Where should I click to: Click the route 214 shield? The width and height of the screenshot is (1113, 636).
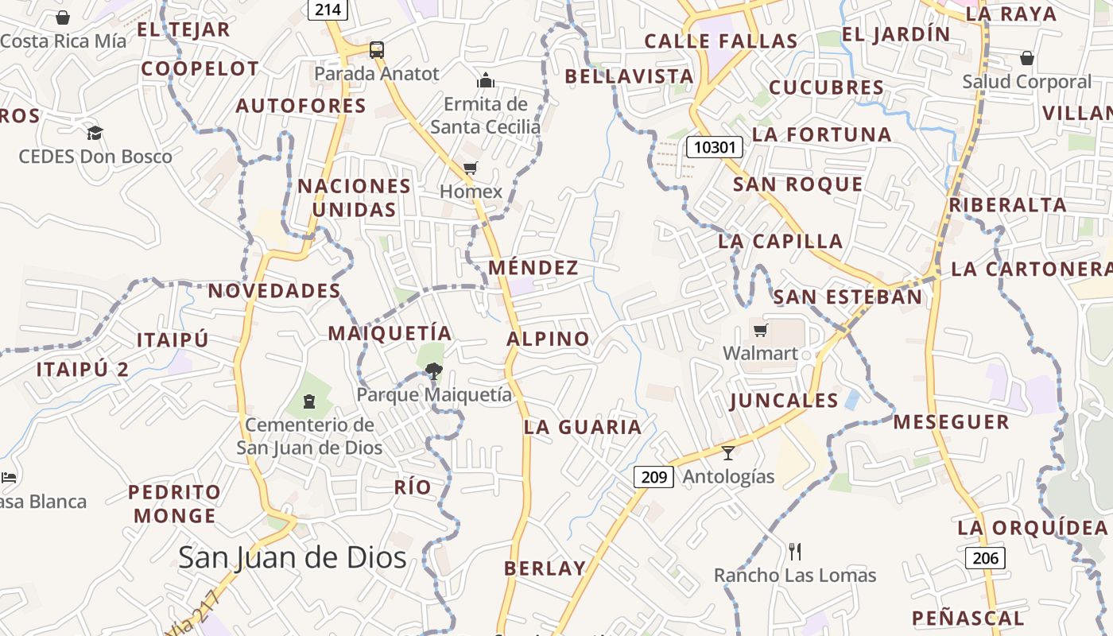pyautogui.click(x=328, y=10)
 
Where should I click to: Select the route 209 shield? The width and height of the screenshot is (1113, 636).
pyautogui.click(x=653, y=477)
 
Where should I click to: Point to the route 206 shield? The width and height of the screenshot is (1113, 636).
pyautogui.click(x=985, y=558)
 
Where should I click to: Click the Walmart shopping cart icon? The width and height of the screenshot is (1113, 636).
pyautogui.click(x=761, y=330)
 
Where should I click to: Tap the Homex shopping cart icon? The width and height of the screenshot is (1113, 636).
pyautogui.click(x=470, y=168)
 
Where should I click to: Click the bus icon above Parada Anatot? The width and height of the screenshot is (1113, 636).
pyautogui.click(x=377, y=50)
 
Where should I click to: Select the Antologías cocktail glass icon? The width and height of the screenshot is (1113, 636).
pyautogui.click(x=728, y=453)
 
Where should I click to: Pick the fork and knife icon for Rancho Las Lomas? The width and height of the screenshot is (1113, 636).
pyautogui.click(x=794, y=551)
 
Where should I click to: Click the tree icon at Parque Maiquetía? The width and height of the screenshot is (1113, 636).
pyautogui.click(x=433, y=370)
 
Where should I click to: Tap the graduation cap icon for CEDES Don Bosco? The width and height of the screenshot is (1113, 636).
pyautogui.click(x=95, y=133)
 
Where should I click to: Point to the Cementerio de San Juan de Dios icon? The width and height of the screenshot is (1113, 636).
pyautogui.click(x=309, y=401)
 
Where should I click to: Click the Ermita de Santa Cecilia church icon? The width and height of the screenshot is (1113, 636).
pyautogui.click(x=486, y=80)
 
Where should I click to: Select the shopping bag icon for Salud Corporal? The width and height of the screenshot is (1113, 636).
pyautogui.click(x=1027, y=58)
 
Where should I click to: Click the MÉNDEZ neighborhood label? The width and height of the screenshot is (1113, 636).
pyautogui.click(x=533, y=268)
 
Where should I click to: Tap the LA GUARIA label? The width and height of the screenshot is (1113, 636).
pyautogui.click(x=583, y=428)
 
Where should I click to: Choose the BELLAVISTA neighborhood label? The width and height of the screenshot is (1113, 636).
pyautogui.click(x=630, y=76)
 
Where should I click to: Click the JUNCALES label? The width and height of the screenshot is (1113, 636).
pyautogui.click(x=784, y=401)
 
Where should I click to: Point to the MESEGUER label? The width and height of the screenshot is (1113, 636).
pyautogui.click(x=951, y=422)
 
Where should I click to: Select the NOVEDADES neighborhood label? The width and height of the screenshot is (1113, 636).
pyautogui.click(x=274, y=291)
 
